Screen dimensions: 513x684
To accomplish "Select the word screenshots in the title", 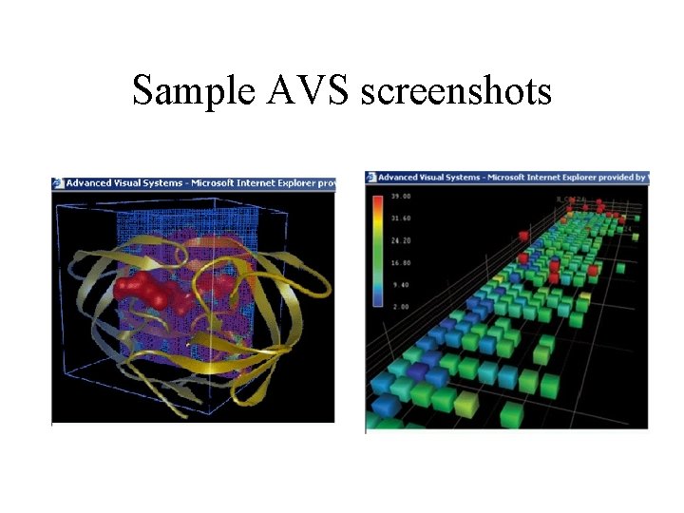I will point(457,92).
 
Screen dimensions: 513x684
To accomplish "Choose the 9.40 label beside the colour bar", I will point(401,284).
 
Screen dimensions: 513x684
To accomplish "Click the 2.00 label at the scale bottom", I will point(401,305).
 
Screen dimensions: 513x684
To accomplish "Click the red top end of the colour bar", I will point(378,199).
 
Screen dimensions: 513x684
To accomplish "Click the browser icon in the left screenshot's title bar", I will point(57,183).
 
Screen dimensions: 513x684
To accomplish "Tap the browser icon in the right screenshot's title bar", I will point(371,177).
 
